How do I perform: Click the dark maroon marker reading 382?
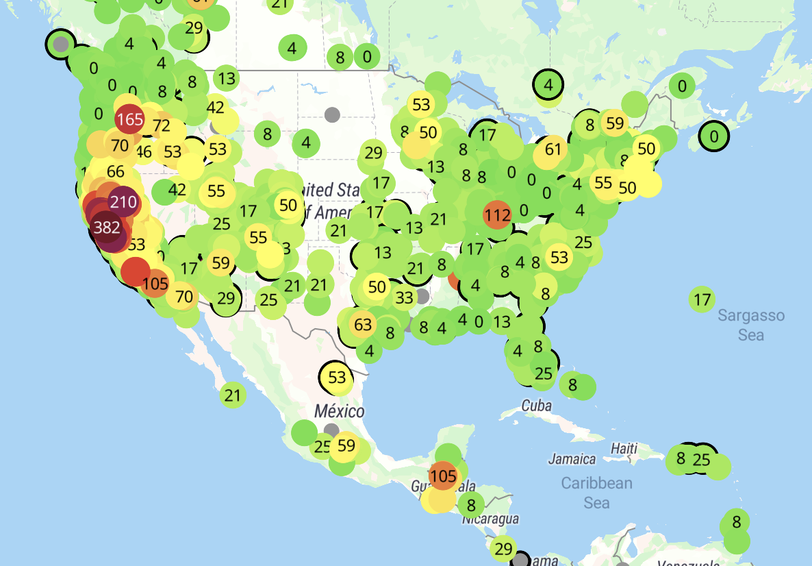107,227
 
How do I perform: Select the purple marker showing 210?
123,202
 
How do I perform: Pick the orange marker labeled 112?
497,215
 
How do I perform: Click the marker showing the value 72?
162,126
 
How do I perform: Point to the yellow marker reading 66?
116,172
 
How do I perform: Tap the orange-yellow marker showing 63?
363,324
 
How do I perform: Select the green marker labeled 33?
405,297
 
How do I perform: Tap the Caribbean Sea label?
596,493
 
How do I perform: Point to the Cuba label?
536,405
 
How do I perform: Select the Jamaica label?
571,458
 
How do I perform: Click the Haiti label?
624,449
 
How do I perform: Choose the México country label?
340,412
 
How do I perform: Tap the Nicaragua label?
490,519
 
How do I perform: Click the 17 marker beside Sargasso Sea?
702,299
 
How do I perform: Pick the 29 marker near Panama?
503,548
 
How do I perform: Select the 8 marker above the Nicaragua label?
471,506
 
